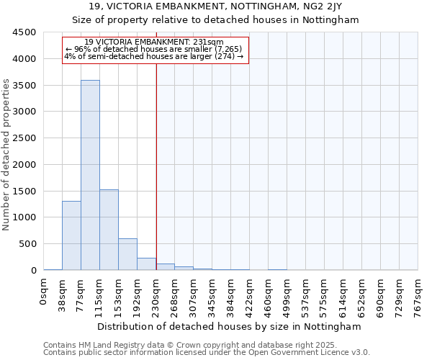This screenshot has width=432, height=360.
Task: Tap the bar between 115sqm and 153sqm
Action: (x=109, y=230)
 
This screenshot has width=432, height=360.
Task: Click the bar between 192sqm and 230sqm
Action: (x=146, y=264)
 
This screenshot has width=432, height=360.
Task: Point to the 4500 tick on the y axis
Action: (x=24, y=32)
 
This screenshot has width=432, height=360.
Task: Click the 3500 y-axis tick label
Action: (x=24, y=86)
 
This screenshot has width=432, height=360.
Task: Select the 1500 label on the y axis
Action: (x=24, y=191)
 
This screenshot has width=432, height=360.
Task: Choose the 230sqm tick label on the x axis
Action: (x=156, y=294)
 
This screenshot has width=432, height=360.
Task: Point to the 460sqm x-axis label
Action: (x=269, y=294)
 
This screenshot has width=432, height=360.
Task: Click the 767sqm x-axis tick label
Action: (x=418, y=294)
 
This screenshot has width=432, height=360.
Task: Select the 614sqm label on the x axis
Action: (x=343, y=294)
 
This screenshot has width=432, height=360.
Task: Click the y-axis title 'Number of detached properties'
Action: (x=6, y=155)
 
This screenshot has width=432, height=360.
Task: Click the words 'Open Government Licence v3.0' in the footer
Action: (x=310, y=353)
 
